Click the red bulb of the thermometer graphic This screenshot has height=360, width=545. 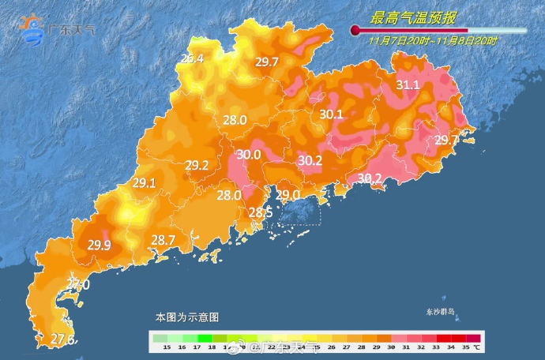(355, 30)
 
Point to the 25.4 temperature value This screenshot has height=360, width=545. (192, 58)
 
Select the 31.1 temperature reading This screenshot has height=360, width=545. (408, 84)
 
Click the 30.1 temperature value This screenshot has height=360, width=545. (331, 114)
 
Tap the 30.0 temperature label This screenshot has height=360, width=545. (249, 155)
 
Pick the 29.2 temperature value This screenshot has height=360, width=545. (197, 166)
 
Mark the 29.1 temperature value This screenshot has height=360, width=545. (144, 182)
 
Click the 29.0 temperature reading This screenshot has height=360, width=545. (288, 194)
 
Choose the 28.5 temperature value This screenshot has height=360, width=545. (261, 213)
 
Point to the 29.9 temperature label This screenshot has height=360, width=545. (99, 245)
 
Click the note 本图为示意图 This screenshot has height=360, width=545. (186, 317)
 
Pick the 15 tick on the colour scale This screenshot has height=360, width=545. (167, 347)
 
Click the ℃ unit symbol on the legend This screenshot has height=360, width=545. (477, 347)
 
